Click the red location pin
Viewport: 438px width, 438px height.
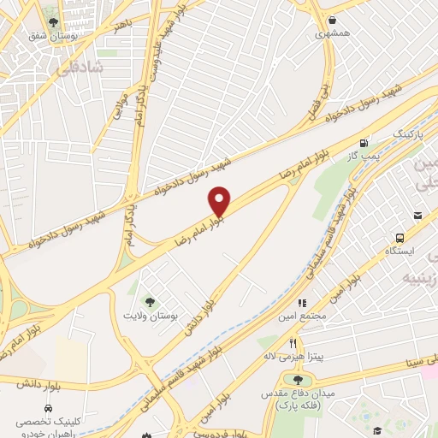click(220, 202)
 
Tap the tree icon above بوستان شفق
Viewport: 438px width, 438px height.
click(55, 22)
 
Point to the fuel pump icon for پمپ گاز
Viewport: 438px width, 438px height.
click(365, 143)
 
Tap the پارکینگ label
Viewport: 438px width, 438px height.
click(408, 135)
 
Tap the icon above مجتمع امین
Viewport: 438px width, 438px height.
click(301, 303)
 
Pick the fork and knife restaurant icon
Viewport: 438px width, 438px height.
click(293, 342)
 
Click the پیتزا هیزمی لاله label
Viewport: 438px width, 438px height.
click(293, 355)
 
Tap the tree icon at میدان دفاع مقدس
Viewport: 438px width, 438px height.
click(298, 380)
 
